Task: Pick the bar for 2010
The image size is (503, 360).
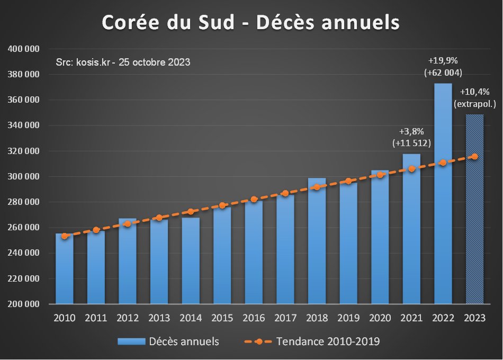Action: coord(65,270)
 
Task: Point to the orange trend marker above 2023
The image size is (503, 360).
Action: coord(474,156)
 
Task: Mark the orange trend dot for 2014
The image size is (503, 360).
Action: coord(191,212)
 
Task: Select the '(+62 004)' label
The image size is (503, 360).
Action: coord(443,73)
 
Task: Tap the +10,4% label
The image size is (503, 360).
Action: coord(474,92)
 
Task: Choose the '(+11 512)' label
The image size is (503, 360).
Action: coord(411,143)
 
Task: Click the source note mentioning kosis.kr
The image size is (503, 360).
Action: coord(123,62)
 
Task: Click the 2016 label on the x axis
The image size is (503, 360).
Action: coord(254,318)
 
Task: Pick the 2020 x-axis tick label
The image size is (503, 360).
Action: coord(380,318)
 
